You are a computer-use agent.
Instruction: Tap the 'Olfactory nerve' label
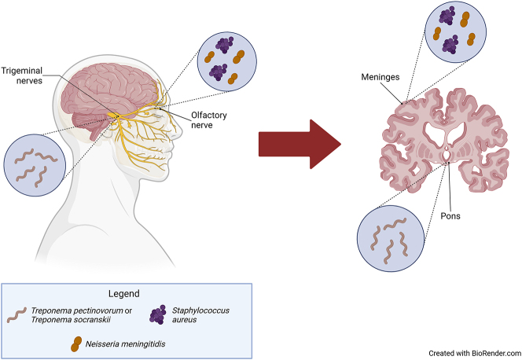(207, 119)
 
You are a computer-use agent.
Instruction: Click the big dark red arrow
(299, 145)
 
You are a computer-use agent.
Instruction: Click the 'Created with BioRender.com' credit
(474, 353)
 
